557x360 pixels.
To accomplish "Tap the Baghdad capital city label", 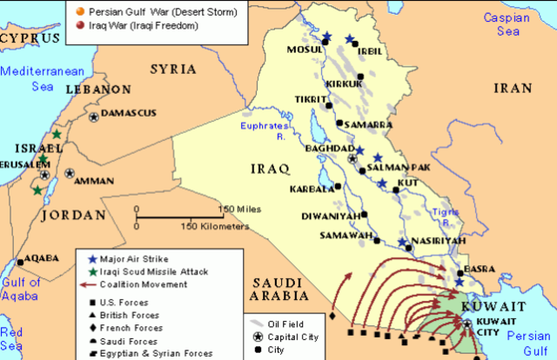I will tap(321, 149).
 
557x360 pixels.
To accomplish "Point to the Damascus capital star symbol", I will tap(93, 117).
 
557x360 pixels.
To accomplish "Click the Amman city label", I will tap(93, 181).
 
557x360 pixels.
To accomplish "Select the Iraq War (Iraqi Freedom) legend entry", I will tap(139, 26).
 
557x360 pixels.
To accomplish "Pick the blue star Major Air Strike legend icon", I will tap(92, 259).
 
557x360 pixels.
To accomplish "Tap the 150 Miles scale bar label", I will tap(241, 210).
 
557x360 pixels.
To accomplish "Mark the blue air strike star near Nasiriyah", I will tap(402, 243).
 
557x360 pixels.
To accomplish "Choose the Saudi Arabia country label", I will tap(272, 290).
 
